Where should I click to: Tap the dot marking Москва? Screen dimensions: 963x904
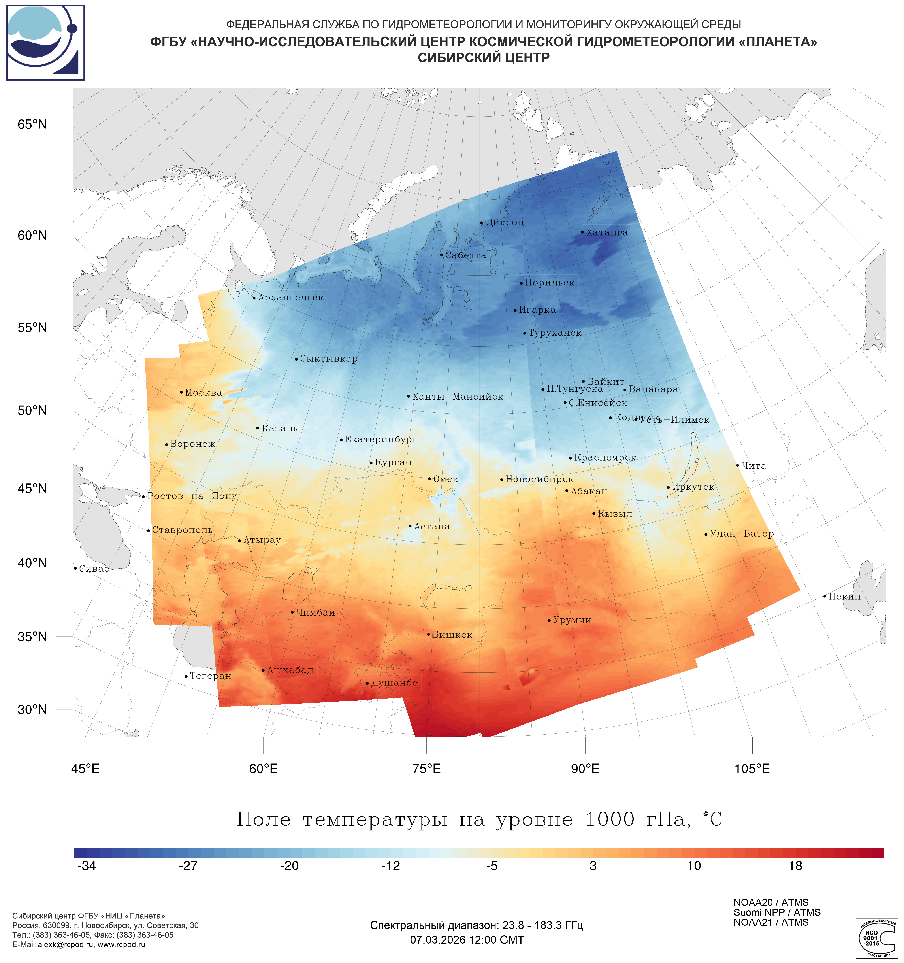tap(181, 392)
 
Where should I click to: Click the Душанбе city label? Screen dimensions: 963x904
tap(394, 683)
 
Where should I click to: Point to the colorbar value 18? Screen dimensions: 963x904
tap(795, 866)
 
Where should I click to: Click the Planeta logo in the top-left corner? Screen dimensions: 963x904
tap(45, 43)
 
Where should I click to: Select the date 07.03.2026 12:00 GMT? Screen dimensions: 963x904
tap(467, 940)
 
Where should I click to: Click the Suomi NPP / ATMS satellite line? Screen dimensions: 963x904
tap(777, 912)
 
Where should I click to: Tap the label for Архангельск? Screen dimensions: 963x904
tap(290, 297)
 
